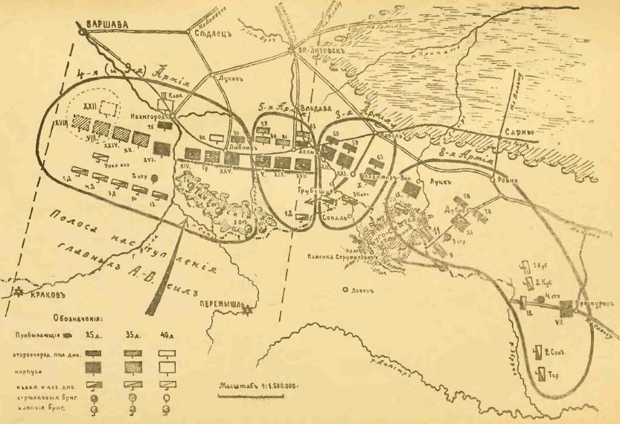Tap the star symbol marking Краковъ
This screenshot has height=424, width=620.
point(9,291)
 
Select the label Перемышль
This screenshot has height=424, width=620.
point(223,305)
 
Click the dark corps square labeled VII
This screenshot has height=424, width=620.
point(569,307)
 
